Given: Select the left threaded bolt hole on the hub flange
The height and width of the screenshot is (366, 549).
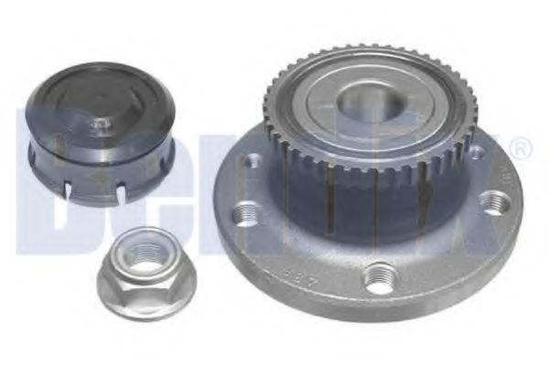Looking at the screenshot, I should pos(244,215).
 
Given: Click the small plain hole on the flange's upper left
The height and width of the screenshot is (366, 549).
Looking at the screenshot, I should pos(250,162).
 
